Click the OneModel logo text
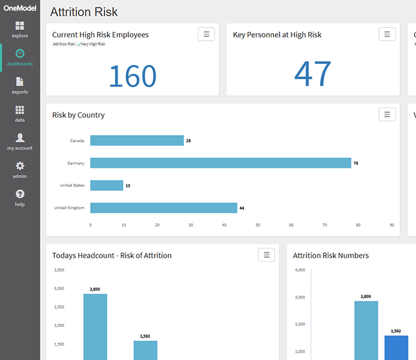[19, 9]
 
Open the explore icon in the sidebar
[20, 26]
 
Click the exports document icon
[20, 82]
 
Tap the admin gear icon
[20, 166]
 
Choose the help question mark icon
[20, 194]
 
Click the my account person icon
[20, 137]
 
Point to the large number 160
[132, 76]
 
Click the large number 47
[312, 74]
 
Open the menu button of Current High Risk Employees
[206, 34]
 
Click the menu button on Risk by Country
[387, 114]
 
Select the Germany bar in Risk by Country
[220, 163]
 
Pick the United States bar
[106, 186]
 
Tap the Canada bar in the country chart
[136, 141]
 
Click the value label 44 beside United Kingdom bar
[241, 208]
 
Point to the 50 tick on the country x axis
[258, 225]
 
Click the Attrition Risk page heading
[84, 12]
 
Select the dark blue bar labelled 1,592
[395, 347]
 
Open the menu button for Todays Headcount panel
[266, 254]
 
